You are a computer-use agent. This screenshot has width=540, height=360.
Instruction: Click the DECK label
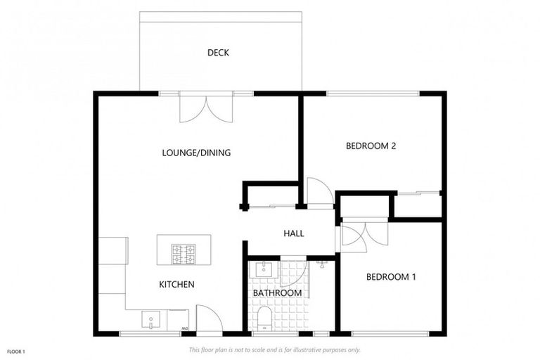(x=218, y=53)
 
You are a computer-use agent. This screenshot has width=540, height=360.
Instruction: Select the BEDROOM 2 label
(x=371, y=146)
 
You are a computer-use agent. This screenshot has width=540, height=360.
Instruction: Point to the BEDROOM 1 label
(x=391, y=277)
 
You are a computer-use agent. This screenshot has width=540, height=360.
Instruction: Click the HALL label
(x=293, y=233)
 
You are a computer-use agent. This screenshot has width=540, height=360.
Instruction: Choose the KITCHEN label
(x=176, y=284)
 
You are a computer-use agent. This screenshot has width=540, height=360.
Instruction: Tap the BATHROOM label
(x=277, y=292)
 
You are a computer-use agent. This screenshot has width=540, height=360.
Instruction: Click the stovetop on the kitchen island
(x=184, y=254)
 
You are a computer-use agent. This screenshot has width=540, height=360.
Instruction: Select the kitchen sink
(x=151, y=320)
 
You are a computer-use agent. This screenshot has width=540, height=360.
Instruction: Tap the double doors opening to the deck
(x=206, y=108)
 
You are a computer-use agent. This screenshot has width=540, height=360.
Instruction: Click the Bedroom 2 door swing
(x=319, y=191)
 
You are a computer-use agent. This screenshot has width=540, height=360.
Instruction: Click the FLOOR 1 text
(x=15, y=351)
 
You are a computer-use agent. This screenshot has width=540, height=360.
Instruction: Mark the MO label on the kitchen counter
(x=184, y=328)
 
